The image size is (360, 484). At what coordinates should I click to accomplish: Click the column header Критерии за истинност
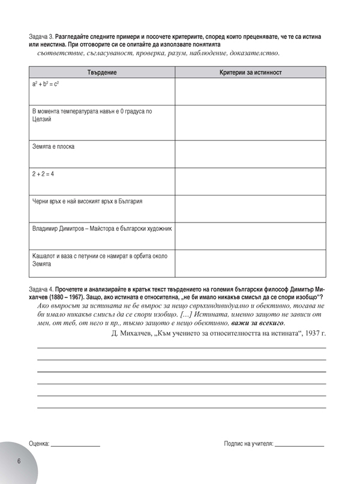point(251,73)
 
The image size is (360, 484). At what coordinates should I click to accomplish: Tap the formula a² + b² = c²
point(45,86)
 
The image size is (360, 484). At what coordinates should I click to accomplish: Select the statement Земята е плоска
point(53,146)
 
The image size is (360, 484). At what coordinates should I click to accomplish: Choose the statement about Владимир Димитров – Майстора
point(101,229)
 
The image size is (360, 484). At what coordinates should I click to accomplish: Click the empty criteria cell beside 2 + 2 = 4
point(250,181)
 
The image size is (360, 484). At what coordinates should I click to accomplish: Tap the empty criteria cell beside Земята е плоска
point(250,154)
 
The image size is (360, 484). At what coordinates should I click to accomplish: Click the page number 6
point(19,460)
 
